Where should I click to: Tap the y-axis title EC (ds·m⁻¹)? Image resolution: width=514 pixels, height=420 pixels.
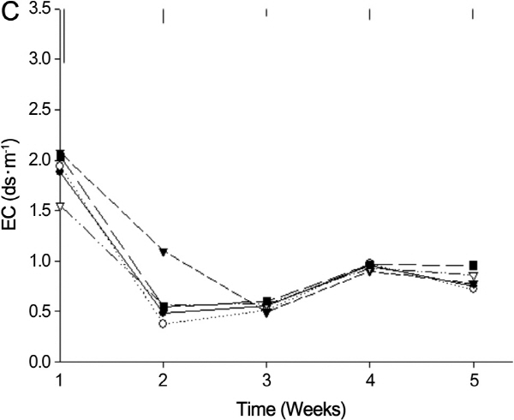tap(13, 186)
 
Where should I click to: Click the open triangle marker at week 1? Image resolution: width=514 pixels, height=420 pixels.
tap(60, 207)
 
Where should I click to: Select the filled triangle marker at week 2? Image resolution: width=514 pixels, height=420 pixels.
tap(163, 252)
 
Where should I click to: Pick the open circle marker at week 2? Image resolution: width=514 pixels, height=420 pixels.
tap(163, 323)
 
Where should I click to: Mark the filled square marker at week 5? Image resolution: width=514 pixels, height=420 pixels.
tap(473, 266)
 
